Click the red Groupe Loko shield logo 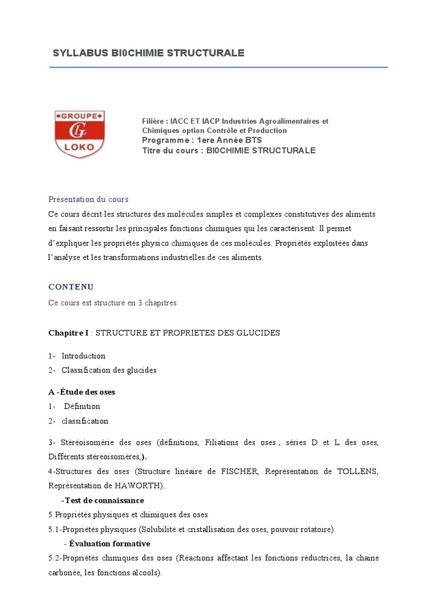click(x=79, y=134)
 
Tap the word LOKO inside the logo click(x=79, y=147)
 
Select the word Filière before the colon click(x=154, y=121)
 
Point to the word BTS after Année click(x=253, y=140)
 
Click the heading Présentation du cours click(x=88, y=199)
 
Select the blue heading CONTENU click(x=71, y=286)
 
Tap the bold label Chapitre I click(x=68, y=333)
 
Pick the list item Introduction click(x=83, y=356)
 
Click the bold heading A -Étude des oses click(x=82, y=392)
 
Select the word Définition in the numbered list click(x=82, y=406)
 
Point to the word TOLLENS click(x=357, y=472)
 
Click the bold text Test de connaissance click(x=104, y=500)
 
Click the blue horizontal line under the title click(x=219, y=67)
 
